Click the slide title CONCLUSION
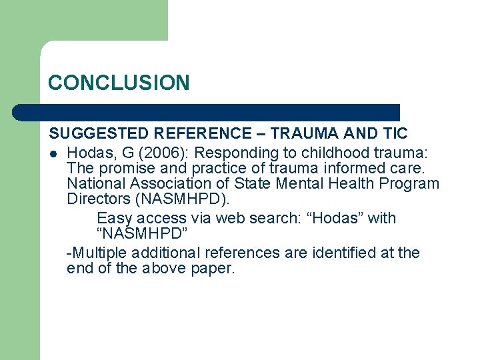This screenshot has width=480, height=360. (119, 83)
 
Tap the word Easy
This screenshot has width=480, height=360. (115, 218)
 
